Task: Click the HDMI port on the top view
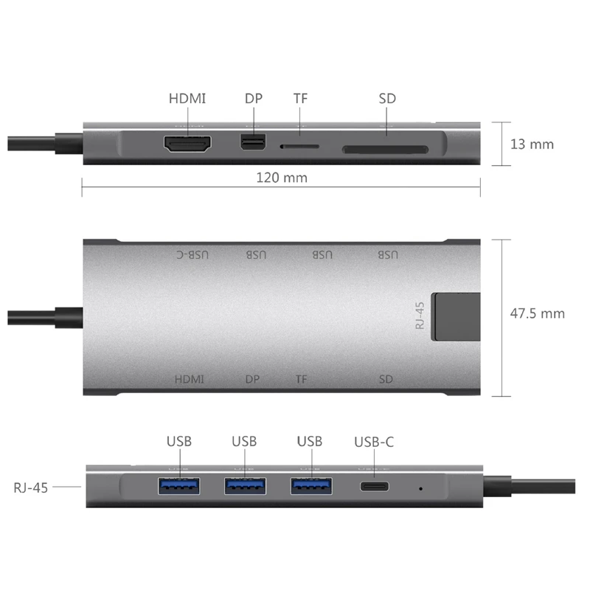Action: coord(187,145)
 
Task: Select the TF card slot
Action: coord(299,146)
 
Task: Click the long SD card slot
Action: coord(384,150)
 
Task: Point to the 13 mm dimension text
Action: coord(532,144)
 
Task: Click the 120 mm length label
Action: coord(282,177)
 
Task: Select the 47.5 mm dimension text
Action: coord(538,313)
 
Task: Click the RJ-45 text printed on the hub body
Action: coord(420,315)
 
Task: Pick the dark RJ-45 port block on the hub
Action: coord(454,317)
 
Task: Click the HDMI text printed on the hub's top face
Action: coord(189,380)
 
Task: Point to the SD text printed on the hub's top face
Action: coord(386,380)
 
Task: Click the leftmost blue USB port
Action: coord(178,487)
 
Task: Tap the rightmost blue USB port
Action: coord(310,487)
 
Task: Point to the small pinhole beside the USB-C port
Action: coord(420,487)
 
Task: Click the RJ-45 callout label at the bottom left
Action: coord(30,487)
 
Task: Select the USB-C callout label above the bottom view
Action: coord(374,442)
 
